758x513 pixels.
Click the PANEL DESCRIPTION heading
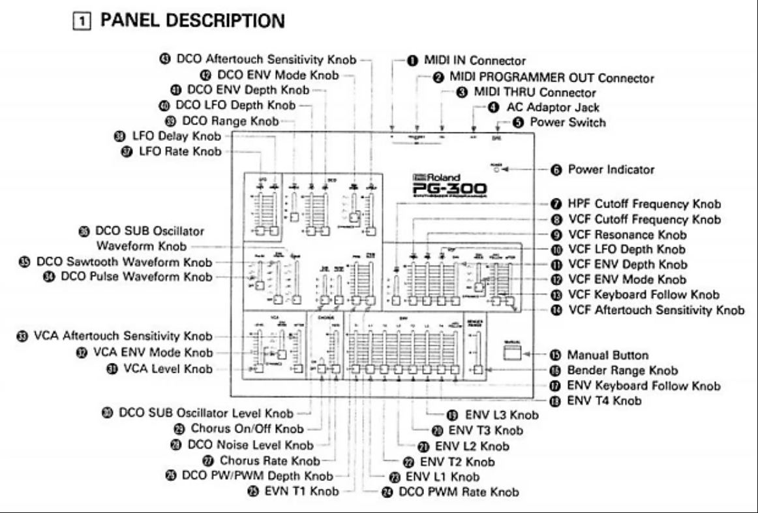point(192,22)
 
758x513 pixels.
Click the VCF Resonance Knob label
point(627,234)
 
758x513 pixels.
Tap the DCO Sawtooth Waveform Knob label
point(122,262)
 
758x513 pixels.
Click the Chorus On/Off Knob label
point(252,429)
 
